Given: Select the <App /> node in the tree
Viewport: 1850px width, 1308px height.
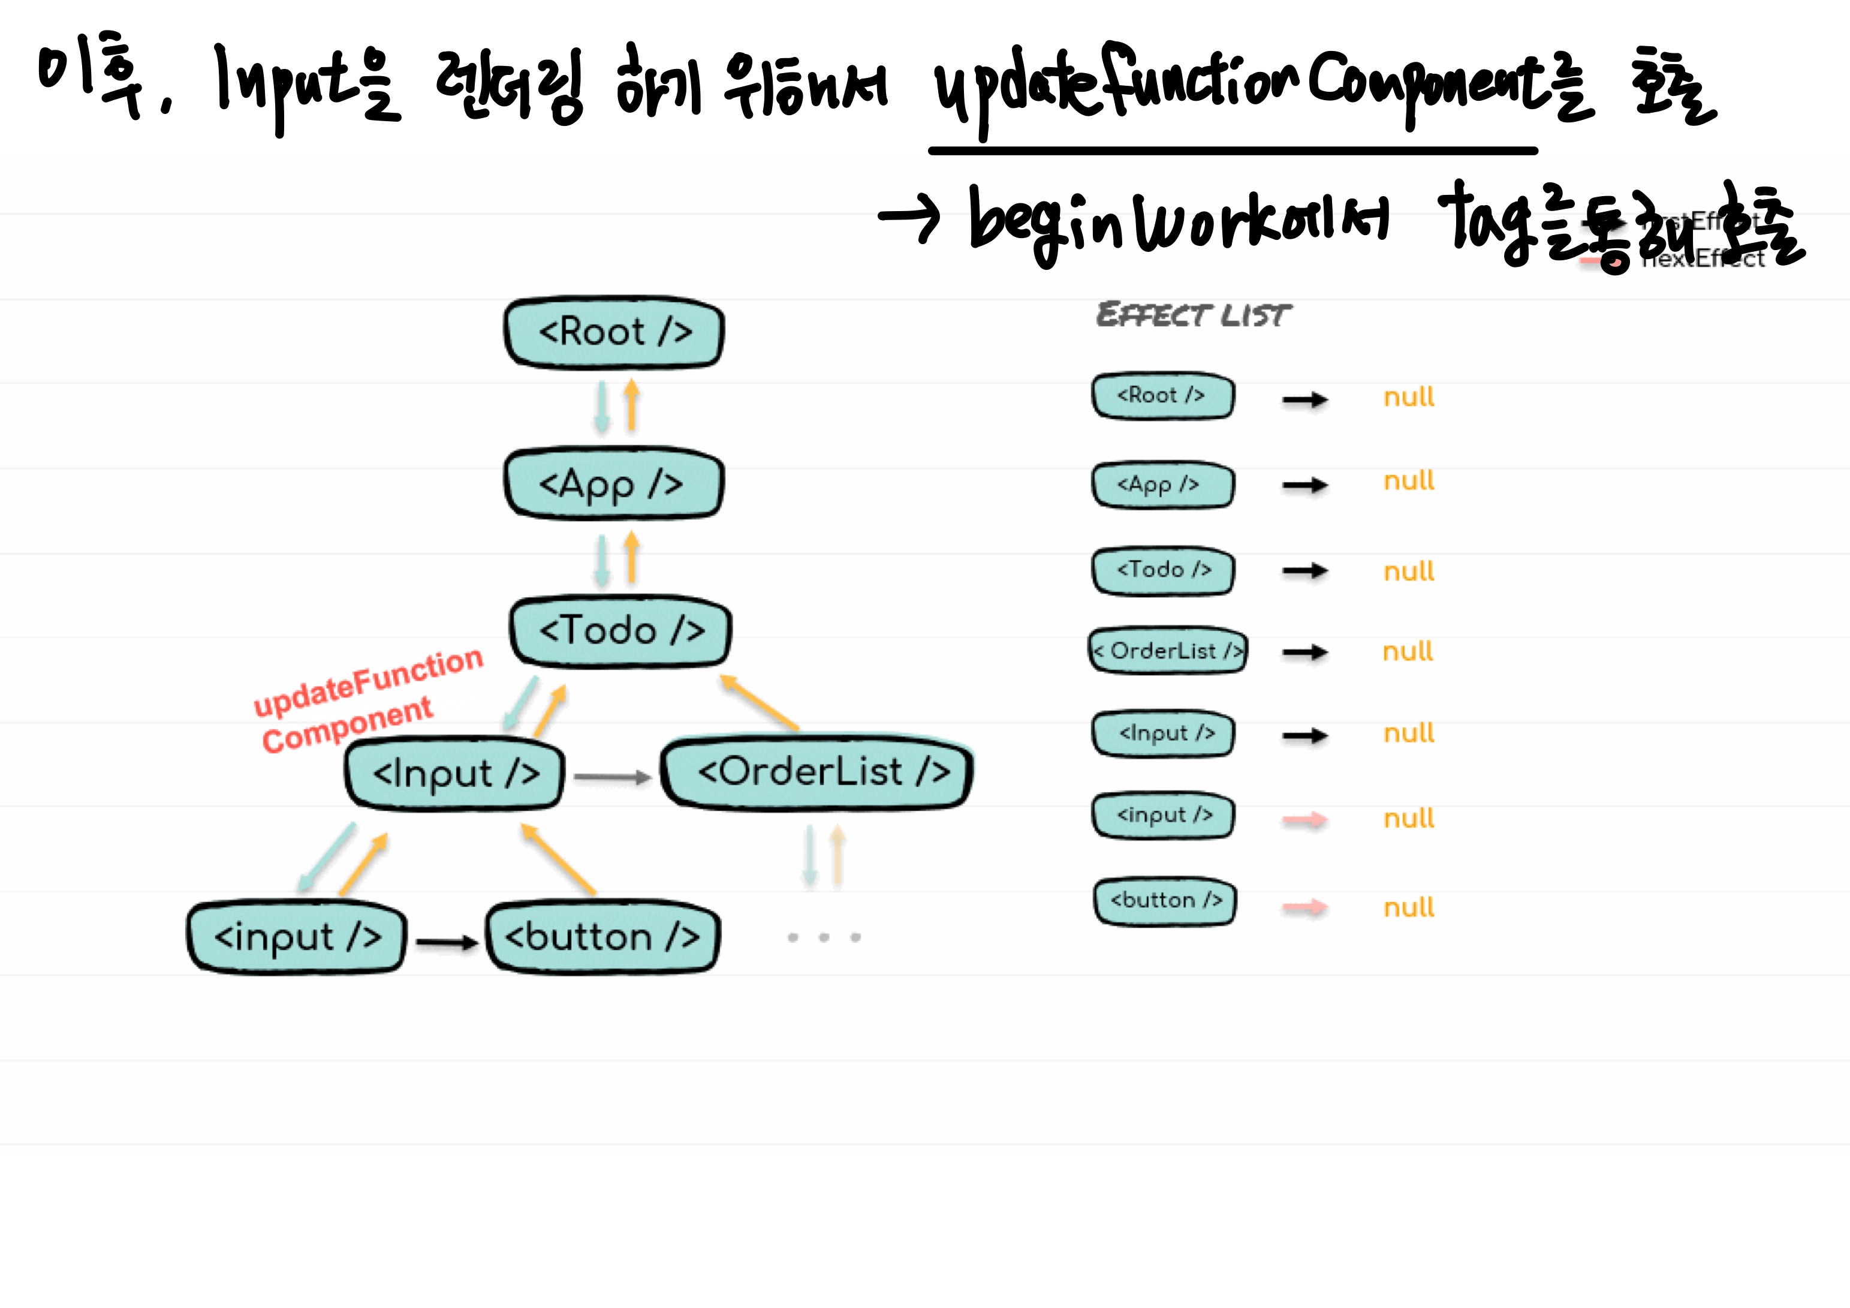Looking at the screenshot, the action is pos(613,483).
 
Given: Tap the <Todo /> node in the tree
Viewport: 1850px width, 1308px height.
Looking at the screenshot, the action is pos(620,631).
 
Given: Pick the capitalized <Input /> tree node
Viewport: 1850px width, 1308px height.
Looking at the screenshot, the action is pos(454,774).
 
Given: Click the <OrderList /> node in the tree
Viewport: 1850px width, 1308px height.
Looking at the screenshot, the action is pos(817,772).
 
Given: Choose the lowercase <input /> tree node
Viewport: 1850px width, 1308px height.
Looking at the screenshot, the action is pos(297,937).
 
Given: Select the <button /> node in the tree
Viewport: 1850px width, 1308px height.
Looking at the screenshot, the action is pos(602,937).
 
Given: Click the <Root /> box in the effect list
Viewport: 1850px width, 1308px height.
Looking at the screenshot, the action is pos(1162,396).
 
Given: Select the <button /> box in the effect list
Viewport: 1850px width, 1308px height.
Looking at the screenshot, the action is pos(1165,901).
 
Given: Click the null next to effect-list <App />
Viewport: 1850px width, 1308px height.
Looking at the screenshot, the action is pos(1408,481).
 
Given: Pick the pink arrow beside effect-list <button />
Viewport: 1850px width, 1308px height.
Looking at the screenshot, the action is pos(1304,908).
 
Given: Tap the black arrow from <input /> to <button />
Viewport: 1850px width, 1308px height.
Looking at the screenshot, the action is pos(447,942).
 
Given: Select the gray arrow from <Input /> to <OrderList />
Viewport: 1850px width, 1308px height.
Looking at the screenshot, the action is pos(611,777).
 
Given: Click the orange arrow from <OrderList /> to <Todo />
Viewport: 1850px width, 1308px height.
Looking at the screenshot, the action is pos(759,703).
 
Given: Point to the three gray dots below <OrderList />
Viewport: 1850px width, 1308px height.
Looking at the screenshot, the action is pos(824,937).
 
